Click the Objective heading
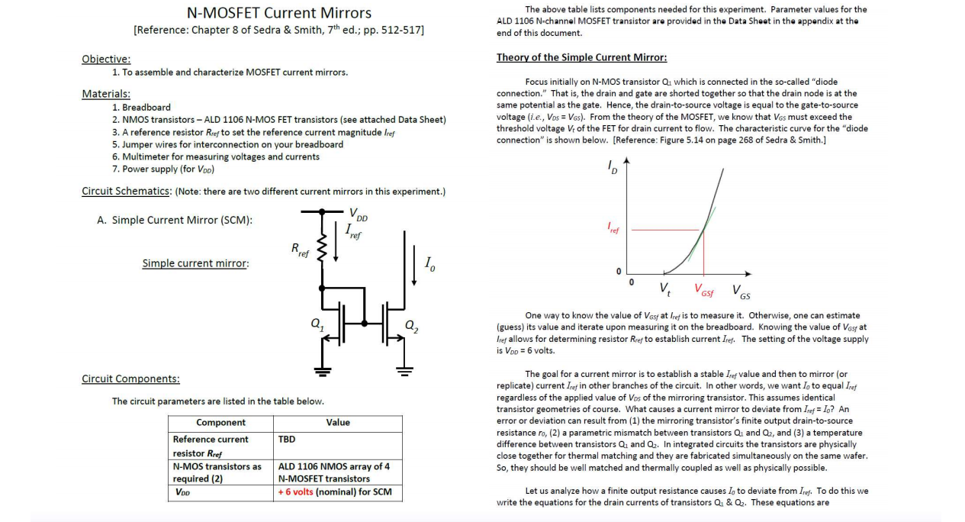click(106, 59)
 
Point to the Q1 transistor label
click(315, 323)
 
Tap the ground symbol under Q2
click(404, 372)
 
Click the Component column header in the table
click(220, 422)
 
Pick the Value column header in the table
click(338, 422)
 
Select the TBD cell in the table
click(287, 440)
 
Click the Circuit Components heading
click(130, 379)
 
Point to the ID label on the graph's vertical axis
click(613, 166)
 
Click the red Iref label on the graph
click(613, 227)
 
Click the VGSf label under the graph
click(703, 289)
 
